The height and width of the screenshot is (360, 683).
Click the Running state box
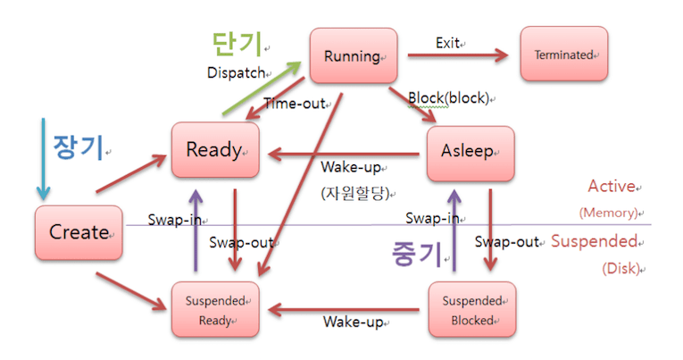[x=353, y=56]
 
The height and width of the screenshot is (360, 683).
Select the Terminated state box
[x=563, y=54]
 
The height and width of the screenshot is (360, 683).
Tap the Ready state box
[x=215, y=149]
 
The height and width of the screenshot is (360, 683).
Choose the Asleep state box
[x=470, y=151]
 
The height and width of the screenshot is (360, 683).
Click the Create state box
[x=79, y=232]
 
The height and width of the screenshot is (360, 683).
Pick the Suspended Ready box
[x=215, y=309]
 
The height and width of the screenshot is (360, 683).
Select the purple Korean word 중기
[x=416, y=254]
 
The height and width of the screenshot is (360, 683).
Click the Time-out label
[x=294, y=104]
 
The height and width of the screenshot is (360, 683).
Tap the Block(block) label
[x=448, y=97]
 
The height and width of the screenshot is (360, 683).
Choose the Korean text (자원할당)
[x=360, y=191]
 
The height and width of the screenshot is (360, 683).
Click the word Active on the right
[x=610, y=187]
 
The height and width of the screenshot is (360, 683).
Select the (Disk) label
[x=621, y=267]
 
